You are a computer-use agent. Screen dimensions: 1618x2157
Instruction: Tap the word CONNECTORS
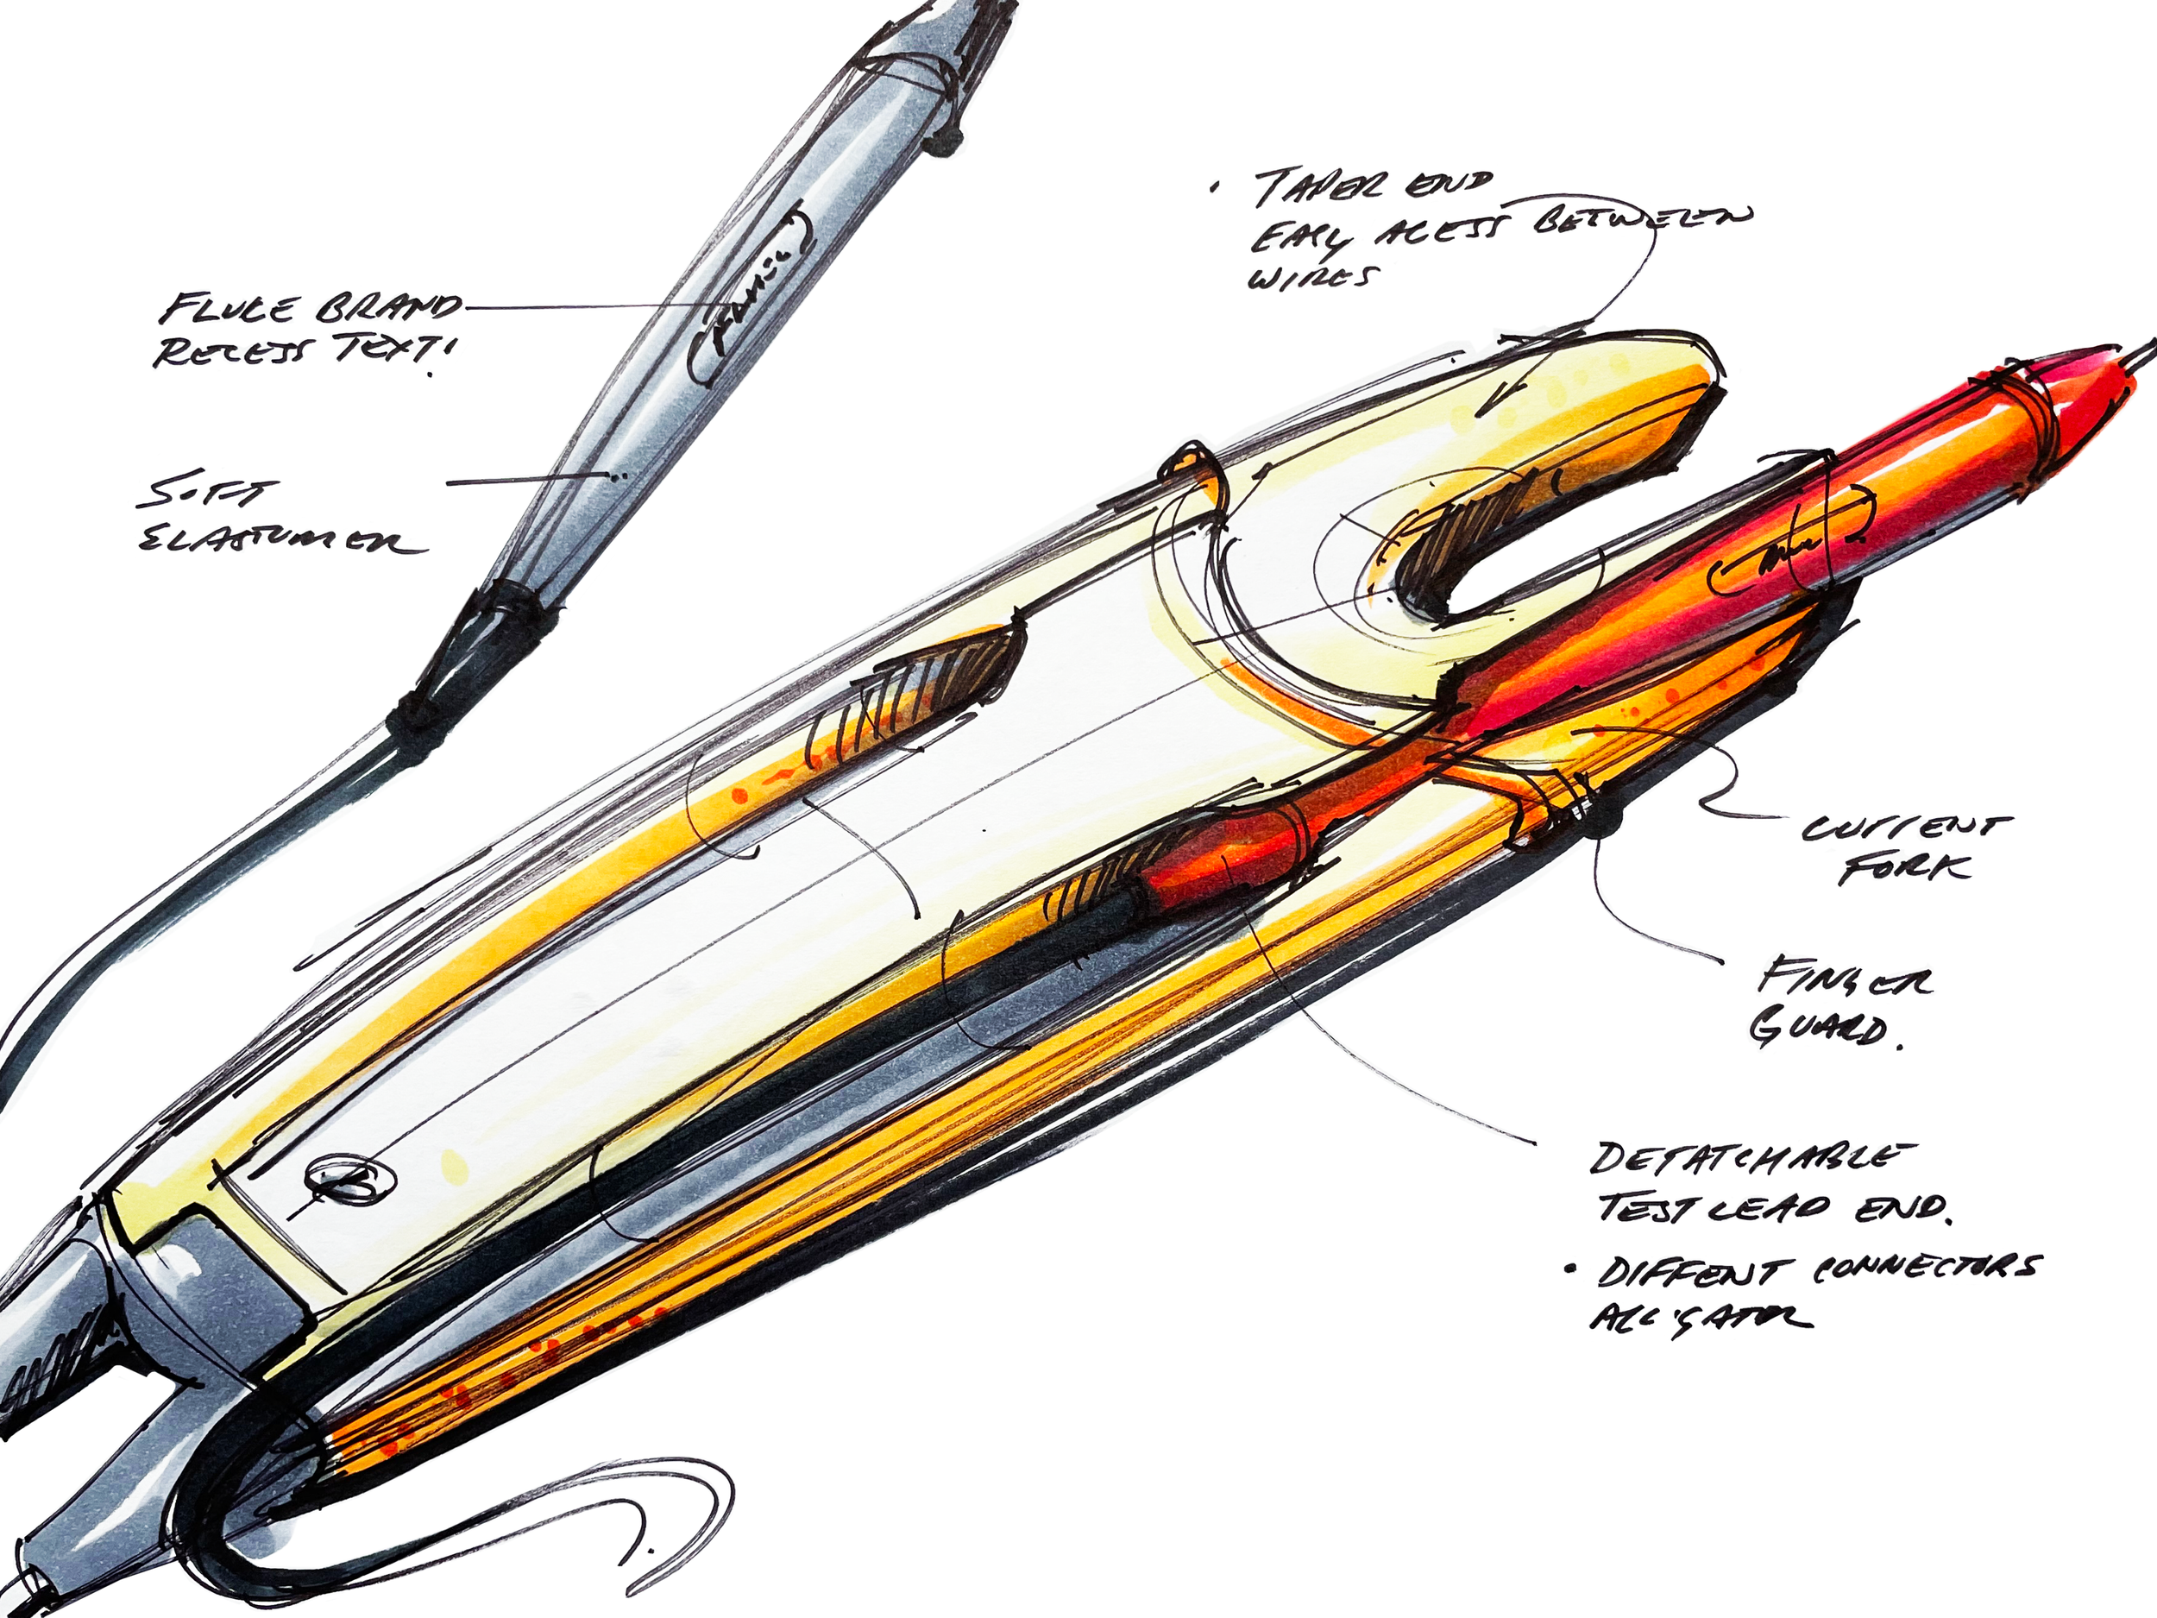pyautogui.click(x=1926, y=1268)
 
